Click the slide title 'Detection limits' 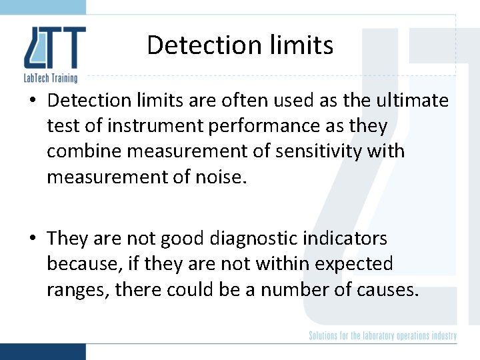point(240,45)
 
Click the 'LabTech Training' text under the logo point(51,78)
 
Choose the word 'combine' point(84,151)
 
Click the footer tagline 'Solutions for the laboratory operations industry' point(383,335)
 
